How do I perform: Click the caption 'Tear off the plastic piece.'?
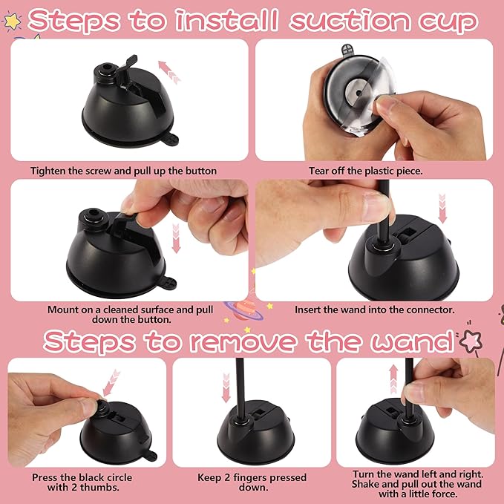coord(367,171)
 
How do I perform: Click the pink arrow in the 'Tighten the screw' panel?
coord(170,72)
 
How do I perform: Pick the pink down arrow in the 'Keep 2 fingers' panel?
coord(226,387)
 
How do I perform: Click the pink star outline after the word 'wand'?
coord(470,342)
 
